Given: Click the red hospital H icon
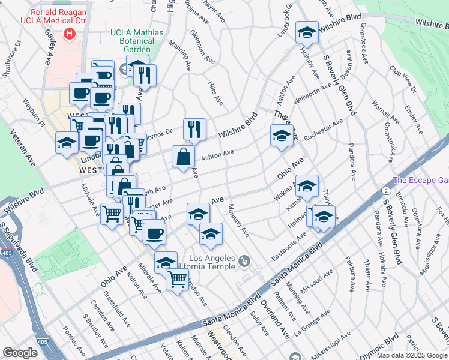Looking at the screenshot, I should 71,34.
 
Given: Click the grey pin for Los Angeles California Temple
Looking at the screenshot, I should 244,261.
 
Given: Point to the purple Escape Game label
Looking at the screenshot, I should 420,181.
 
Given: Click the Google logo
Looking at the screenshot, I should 20,353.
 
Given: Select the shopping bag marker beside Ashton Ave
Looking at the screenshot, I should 183,157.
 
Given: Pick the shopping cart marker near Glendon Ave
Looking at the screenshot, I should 177,279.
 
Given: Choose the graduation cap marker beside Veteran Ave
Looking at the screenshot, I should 67,142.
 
